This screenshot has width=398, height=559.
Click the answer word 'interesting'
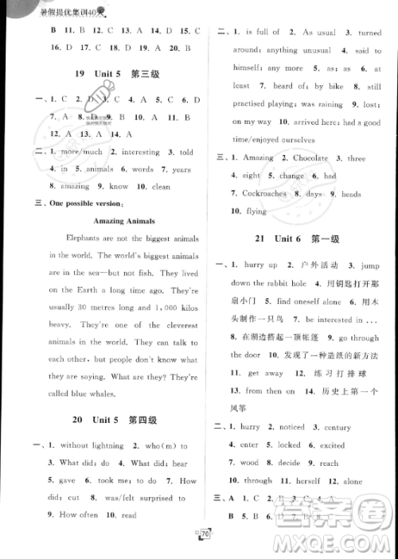[139, 152]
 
